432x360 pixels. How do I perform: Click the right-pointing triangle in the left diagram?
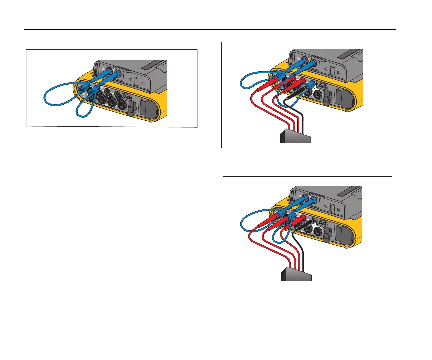click(x=143, y=83)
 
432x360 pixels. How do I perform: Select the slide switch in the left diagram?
click(x=136, y=81)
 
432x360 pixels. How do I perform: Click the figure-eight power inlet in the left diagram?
click(x=126, y=96)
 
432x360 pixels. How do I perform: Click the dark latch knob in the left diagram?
click(x=131, y=108)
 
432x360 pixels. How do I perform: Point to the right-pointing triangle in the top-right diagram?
click(x=338, y=72)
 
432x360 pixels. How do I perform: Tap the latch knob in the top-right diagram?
click(x=327, y=97)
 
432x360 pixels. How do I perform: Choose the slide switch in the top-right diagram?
click(x=332, y=70)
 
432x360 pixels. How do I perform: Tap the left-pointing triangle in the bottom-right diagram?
click(x=326, y=206)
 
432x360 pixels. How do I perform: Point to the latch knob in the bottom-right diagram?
click(x=327, y=235)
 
